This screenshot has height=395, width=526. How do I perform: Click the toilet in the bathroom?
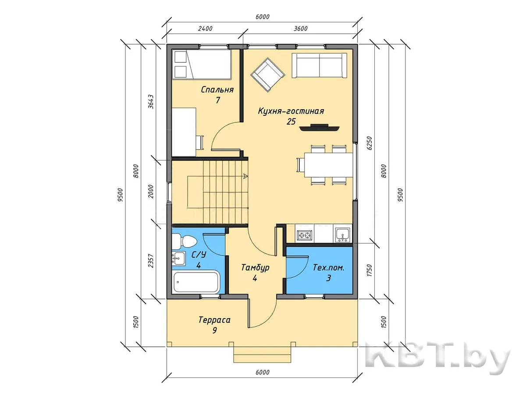click(184, 241)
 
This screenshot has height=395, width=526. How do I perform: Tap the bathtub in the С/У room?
click(196, 282)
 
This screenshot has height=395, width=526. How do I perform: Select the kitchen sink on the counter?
click(343, 235)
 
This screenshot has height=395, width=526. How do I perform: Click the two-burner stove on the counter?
click(305, 235)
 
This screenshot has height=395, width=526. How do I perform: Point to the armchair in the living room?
click(268, 75)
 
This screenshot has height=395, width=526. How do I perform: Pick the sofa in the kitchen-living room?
click(320, 65)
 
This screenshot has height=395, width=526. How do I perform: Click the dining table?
click(329, 165)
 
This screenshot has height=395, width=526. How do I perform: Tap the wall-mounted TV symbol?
click(320, 127)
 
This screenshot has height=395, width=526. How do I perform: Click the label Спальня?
click(217, 90)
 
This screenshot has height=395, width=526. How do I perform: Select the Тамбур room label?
click(255, 267)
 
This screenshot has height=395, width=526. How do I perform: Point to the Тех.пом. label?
click(329, 267)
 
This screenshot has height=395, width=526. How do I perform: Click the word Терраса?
click(214, 320)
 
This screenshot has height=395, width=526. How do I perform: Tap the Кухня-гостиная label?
click(291, 111)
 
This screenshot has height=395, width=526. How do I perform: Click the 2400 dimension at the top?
click(206, 29)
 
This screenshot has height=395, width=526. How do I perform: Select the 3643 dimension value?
click(151, 102)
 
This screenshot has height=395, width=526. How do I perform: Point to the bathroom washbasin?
click(178, 259)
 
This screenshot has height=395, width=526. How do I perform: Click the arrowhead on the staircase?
click(245, 176)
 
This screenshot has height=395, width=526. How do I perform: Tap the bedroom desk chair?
click(200, 143)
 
